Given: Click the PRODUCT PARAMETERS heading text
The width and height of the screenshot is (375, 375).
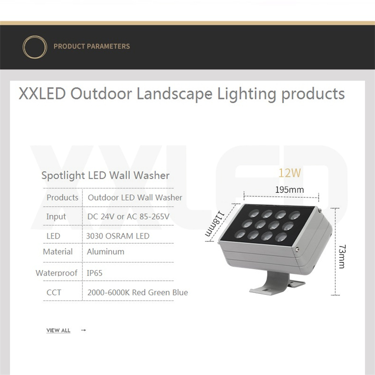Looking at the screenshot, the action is click(91, 46).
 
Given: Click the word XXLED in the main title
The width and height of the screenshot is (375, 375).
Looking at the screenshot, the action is click(42, 93).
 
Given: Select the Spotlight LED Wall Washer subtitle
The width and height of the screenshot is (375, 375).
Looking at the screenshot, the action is click(105, 175).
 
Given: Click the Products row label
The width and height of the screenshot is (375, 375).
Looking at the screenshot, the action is click(62, 197).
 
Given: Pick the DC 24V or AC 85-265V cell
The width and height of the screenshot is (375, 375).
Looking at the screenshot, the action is click(128, 217).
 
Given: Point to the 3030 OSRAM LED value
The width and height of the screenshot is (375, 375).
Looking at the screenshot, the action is click(118, 236).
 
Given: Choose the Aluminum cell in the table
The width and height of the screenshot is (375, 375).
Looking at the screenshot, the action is click(105, 252).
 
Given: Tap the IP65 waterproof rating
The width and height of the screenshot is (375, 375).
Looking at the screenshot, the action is click(95, 273).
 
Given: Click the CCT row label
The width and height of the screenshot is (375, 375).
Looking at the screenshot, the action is click(54, 292).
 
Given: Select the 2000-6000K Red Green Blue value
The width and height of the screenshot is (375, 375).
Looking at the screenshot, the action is click(137, 292).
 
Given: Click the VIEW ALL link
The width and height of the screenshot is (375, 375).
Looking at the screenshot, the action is click(58, 330).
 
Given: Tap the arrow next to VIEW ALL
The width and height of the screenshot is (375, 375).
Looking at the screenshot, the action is click(83, 330).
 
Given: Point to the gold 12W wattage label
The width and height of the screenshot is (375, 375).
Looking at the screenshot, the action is click(290, 173).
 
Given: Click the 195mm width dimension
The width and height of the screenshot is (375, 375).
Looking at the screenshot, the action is click(289, 190).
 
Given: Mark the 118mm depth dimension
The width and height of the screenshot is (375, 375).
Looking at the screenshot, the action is click(215, 224).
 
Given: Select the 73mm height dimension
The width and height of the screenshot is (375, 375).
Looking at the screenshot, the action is click(342, 256).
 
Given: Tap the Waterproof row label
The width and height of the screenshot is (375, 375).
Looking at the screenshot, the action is click(56, 273).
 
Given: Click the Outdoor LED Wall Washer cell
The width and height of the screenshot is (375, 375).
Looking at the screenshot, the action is click(135, 197).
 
